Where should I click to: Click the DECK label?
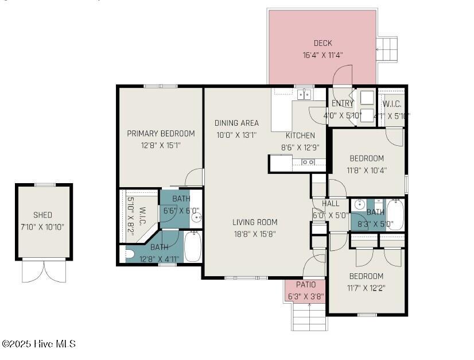(323, 43)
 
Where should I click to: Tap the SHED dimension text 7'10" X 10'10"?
(42, 226)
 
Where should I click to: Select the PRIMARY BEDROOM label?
(161, 133)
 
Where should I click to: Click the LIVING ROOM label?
(255, 222)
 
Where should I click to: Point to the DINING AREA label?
(236, 123)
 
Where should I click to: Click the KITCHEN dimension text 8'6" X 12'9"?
(300, 147)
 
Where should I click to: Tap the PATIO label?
(305, 285)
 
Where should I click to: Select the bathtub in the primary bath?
(192, 247)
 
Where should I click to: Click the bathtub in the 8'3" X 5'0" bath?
(395, 215)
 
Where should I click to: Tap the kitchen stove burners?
(308, 162)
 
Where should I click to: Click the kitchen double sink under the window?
(304, 94)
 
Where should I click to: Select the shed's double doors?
(44, 271)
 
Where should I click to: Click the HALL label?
(331, 204)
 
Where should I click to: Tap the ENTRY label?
(343, 103)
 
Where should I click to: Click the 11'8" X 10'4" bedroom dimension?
(367, 170)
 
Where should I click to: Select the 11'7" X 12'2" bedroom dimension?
(366, 288)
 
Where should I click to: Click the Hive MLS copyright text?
(38, 344)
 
